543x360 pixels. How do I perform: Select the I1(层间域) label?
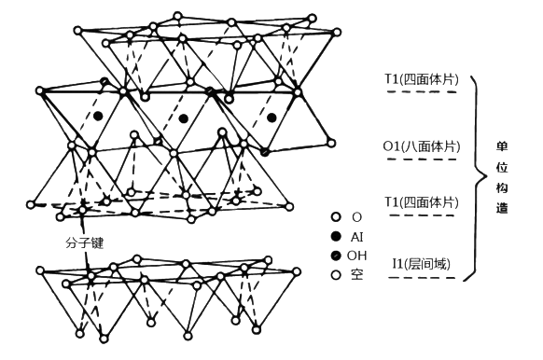tap(422, 265)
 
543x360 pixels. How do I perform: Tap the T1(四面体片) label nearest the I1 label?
tap(422, 202)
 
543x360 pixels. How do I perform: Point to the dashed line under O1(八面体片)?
tap(422, 159)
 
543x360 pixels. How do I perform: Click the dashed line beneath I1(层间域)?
tap(422, 278)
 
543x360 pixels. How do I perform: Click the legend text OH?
tap(355, 256)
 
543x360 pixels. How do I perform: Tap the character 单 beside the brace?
tap(503, 147)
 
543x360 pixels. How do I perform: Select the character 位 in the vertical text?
tap(503, 168)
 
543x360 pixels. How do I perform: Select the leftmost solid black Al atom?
tap(97, 116)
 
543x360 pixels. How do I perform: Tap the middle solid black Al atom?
tap(184, 118)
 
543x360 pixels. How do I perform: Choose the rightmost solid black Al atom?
tap(271, 118)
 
